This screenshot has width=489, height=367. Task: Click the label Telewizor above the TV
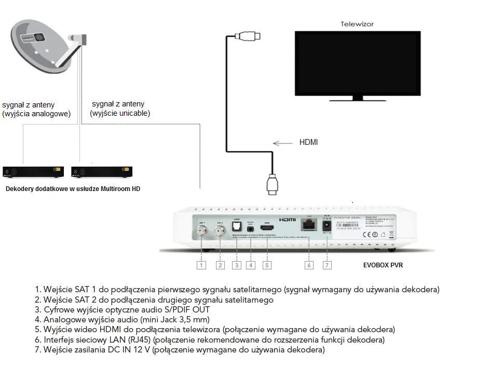click(x=357, y=24)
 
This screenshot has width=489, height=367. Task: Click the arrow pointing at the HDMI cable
click(x=282, y=143)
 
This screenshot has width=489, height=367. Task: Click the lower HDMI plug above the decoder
click(x=272, y=185)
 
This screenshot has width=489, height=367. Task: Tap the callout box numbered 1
click(x=201, y=265)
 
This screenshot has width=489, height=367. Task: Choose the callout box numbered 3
click(x=237, y=265)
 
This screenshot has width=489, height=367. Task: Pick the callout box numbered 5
click(x=267, y=265)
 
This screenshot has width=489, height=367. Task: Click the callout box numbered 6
click(x=309, y=265)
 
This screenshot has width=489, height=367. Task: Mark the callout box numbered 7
click(x=327, y=265)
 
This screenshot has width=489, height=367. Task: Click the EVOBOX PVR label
click(x=383, y=265)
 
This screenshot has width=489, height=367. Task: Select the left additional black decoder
click(x=33, y=172)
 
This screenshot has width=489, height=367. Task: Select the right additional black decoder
click(x=102, y=172)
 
